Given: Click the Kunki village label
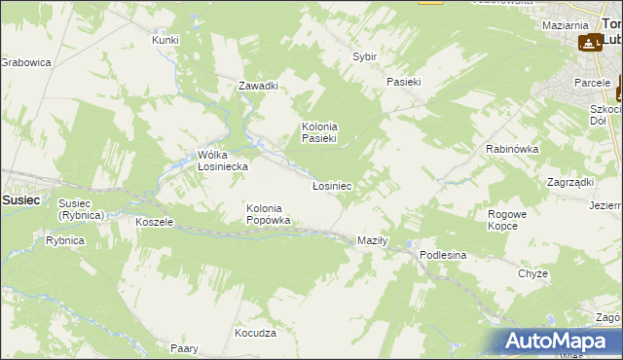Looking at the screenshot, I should [165, 40].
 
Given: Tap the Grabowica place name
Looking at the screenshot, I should [25, 62].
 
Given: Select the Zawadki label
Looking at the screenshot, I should [259, 86].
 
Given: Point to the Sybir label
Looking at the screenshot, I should [364, 57].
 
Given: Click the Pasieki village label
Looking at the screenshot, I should [403, 82].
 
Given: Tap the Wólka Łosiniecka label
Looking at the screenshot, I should [223, 161].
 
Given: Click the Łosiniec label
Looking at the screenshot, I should [331, 185].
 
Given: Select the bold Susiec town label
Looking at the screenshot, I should [20, 198].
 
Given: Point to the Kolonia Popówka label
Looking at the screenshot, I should [269, 214].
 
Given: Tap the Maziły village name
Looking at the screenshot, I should [373, 240].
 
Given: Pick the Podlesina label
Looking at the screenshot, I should [444, 254].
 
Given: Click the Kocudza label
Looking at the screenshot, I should [255, 333].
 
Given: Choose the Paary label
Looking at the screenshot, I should [184, 347].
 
